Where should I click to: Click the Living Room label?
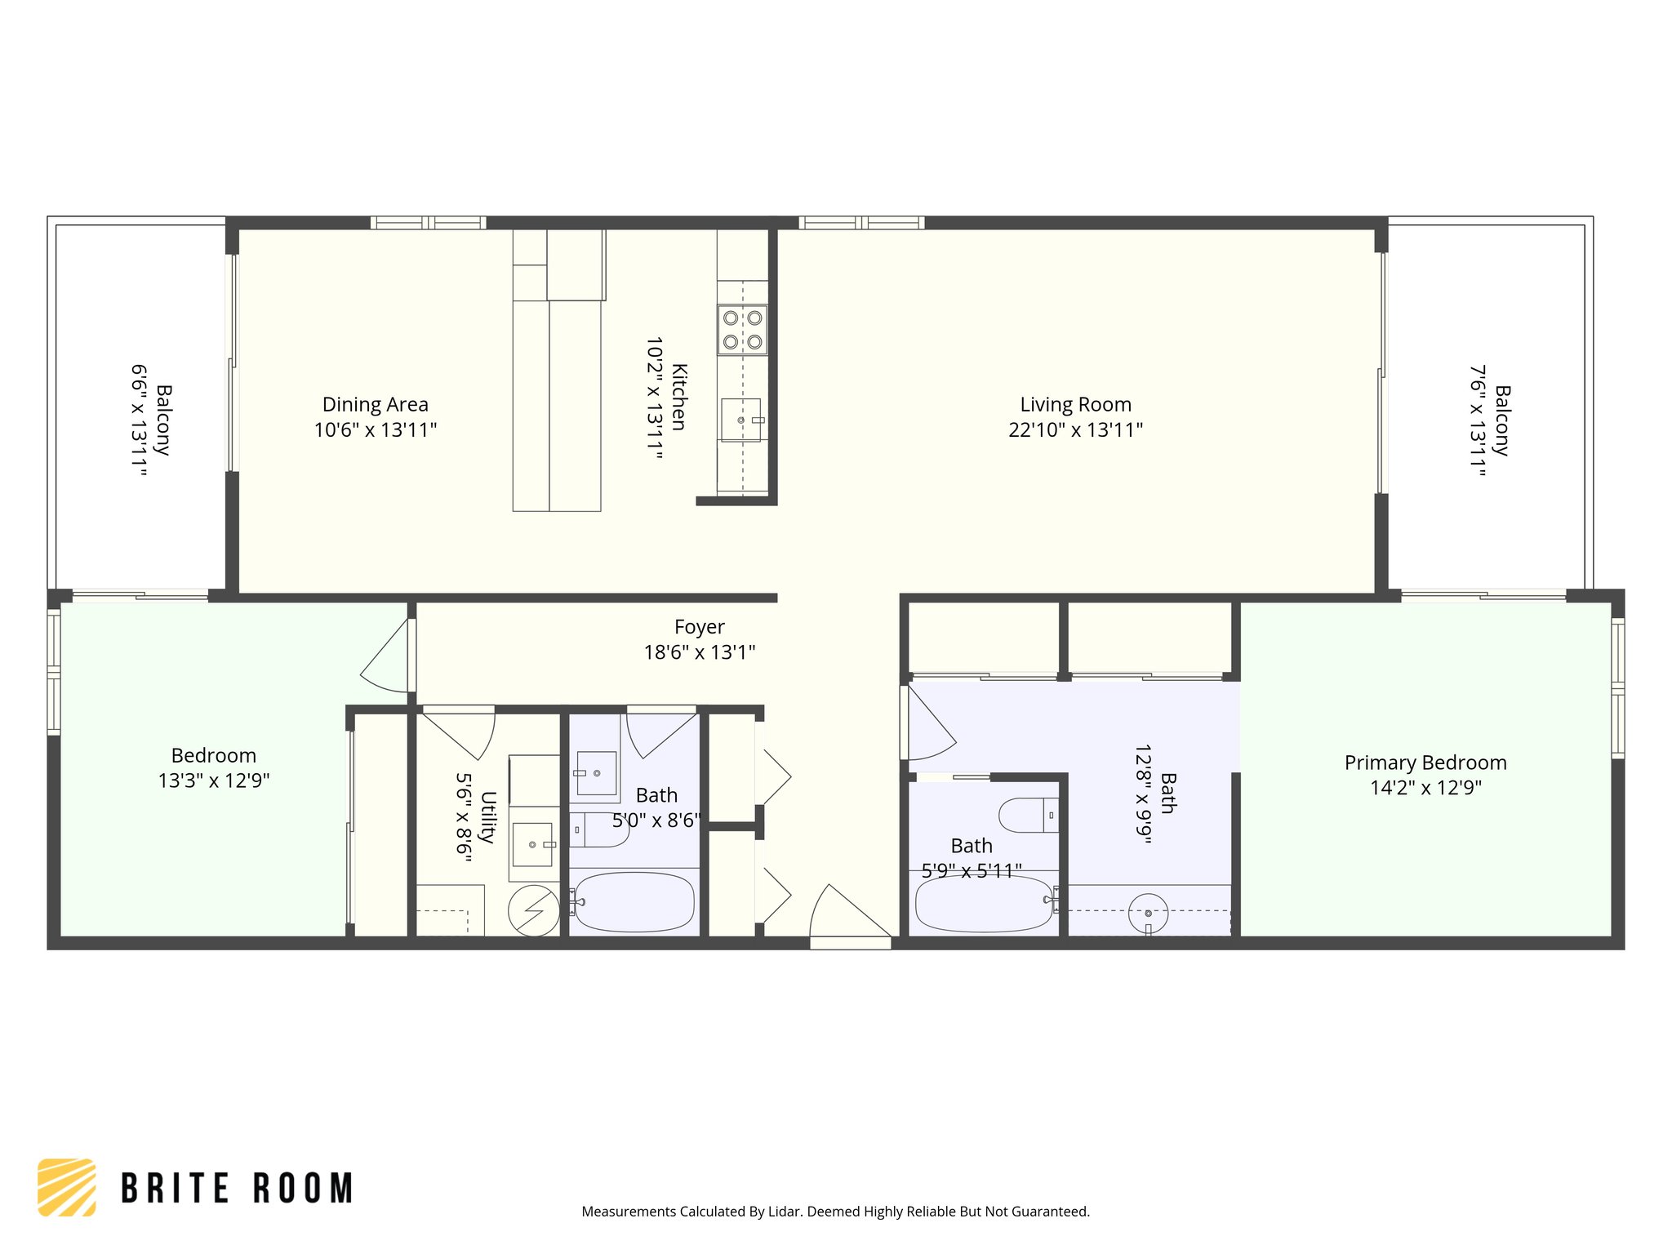click(x=1074, y=404)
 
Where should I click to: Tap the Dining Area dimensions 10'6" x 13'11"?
click(x=376, y=430)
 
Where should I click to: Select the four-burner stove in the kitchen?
click(x=742, y=330)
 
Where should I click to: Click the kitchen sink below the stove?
click(x=740, y=420)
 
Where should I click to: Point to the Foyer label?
click(x=699, y=627)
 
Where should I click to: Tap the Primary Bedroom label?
click(x=1425, y=763)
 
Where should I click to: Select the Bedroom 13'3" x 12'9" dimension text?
click(x=214, y=781)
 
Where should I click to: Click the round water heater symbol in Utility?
click(x=533, y=910)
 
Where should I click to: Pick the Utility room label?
click(x=487, y=816)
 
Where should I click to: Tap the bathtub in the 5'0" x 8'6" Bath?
click(x=634, y=902)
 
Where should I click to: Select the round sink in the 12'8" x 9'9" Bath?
click(x=1148, y=913)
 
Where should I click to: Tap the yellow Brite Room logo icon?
click(x=67, y=1187)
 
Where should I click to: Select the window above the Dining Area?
click(x=428, y=223)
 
